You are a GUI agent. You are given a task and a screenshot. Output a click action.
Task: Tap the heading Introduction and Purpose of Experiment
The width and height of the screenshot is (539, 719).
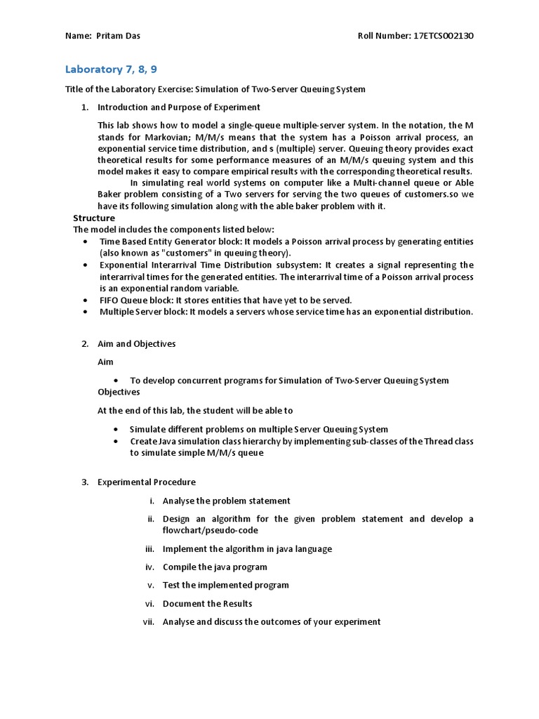click(178, 107)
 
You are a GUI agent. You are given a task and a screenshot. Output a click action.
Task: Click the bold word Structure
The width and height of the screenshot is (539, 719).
click(94, 218)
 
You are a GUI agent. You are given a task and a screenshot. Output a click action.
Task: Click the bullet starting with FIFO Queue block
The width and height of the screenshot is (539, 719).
click(225, 300)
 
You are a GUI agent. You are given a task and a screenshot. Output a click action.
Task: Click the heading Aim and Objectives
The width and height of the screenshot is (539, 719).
click(136, 344)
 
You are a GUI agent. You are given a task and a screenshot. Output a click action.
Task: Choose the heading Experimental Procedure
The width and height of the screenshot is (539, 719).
click(146, 482)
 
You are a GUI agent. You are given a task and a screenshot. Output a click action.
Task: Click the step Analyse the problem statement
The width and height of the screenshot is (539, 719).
click(226, 501)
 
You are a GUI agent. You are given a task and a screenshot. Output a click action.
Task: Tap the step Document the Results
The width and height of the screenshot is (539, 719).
click(207, 603)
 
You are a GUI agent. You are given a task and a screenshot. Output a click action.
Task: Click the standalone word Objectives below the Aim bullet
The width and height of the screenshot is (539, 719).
click(119, 392)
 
